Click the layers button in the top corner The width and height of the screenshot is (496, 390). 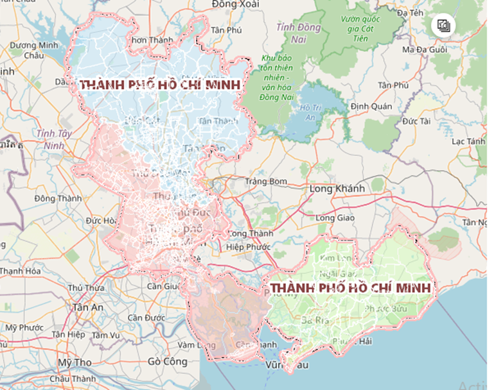(444, 26)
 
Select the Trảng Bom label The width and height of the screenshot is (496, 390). (266, 182)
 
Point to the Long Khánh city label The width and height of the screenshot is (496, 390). (337, 189)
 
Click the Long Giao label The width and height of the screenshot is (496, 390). (335, 217)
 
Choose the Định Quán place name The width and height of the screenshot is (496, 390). (371, 106)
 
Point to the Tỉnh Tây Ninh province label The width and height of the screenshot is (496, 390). (54, 139)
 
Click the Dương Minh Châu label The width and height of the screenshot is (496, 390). (33, 51)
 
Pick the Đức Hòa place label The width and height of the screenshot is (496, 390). (100, 221)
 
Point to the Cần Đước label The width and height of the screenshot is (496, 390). (146, 318)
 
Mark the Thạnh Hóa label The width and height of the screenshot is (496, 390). (20, 271)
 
